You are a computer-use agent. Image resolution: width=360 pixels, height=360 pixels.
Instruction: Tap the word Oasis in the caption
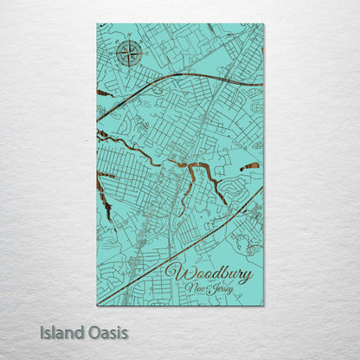(x=106, y=332)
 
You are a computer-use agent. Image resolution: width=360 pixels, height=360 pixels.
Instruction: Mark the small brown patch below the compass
(x=104, y=93)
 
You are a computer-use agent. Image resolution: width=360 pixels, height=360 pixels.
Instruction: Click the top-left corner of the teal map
(x=98, y=25)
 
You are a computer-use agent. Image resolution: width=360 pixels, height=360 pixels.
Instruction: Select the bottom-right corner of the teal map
(x=262, y=305)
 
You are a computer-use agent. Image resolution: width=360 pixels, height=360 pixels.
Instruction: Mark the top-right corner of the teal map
(x=262, y=25)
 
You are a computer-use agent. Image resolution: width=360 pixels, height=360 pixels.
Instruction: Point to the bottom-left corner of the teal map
(x=98, y=305)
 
